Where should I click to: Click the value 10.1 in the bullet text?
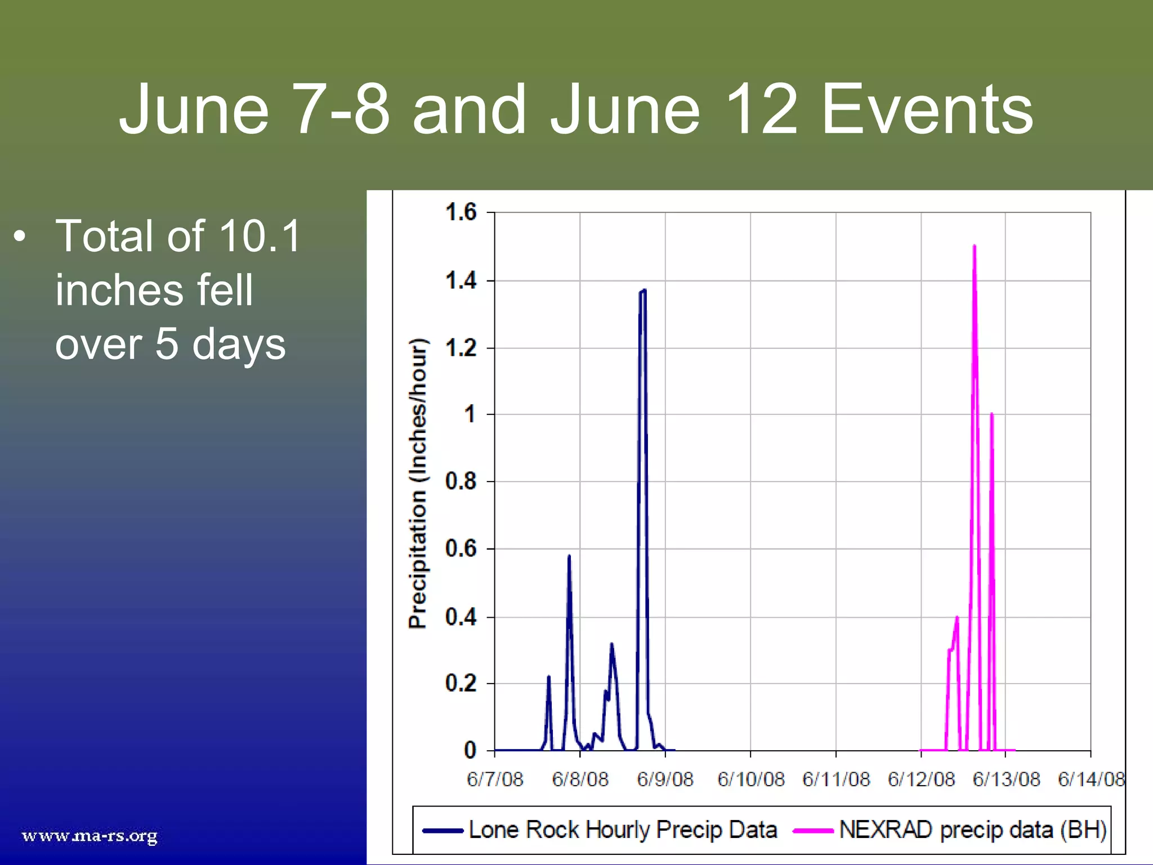point(260,236)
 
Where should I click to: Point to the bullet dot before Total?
point(20,237)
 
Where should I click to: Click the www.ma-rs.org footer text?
point(90,835)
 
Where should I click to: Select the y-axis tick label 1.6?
point(461,212)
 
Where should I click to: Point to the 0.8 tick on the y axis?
point(461,481)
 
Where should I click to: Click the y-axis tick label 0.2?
point(461,683)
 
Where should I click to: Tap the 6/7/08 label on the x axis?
point(495,779)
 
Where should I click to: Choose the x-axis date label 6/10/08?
point(750,779)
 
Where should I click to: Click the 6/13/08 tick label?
point(1006,779)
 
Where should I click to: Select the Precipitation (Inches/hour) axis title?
point(418,483)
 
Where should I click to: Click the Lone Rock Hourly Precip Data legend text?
point(622,830)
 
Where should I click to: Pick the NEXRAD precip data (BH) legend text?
point(972,830)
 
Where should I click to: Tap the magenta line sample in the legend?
point(812,830)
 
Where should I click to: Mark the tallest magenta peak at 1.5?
point(974,247)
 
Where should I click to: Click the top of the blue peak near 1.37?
point(643,291)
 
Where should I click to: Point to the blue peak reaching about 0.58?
point(569,557)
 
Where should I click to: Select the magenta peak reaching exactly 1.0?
point(991,415)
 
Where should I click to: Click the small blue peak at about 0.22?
point(548,677)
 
